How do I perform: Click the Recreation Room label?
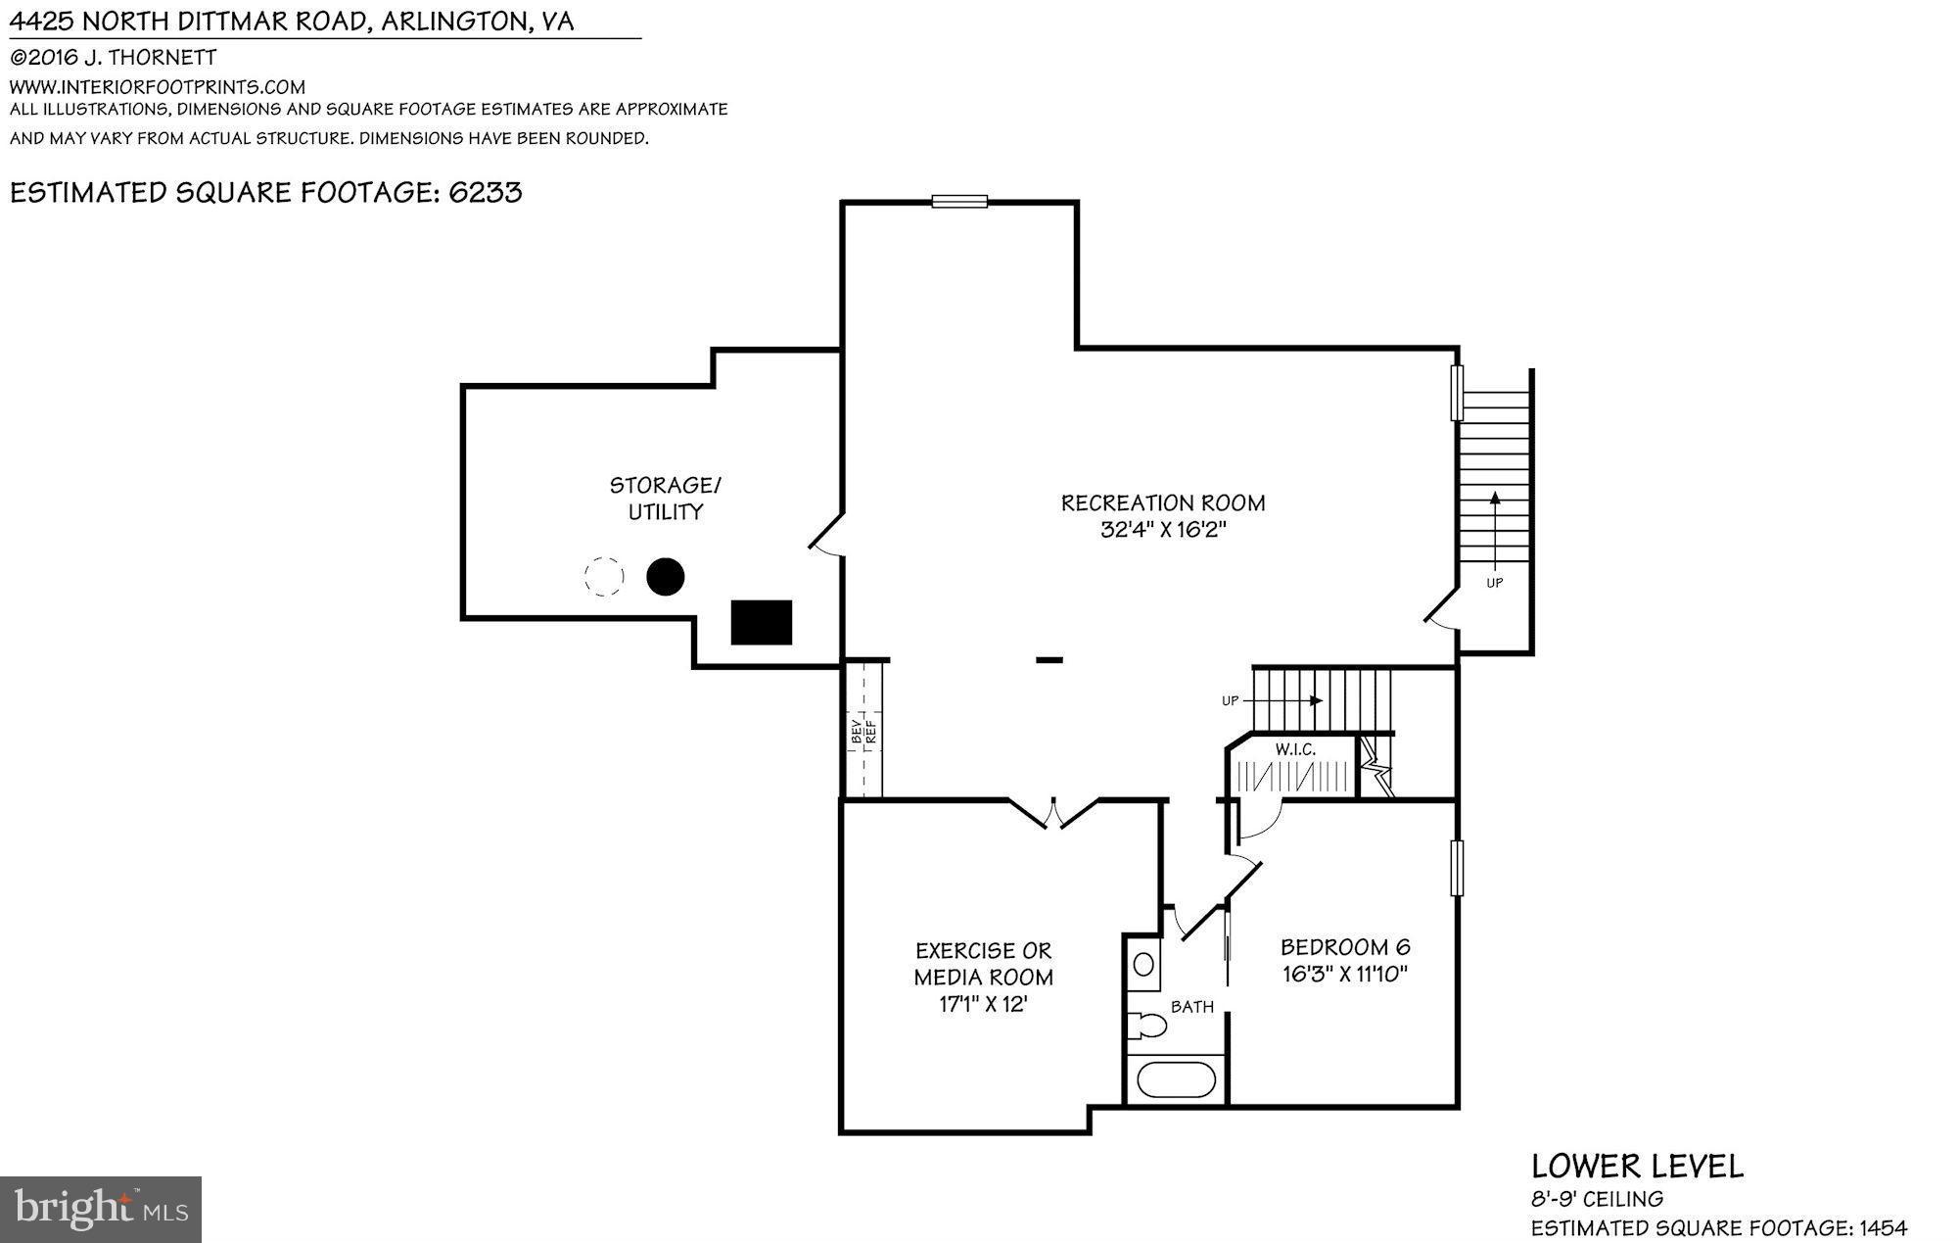point(1162,502)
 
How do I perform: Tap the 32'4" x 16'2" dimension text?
point(1162,530)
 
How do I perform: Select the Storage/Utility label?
point(665,498)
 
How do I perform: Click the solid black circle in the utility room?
point(665,577)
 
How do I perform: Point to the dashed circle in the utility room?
point(603,577)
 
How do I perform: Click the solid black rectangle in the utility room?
point(761,622)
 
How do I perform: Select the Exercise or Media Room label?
point(983,964)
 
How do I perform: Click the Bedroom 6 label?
point(1345,947)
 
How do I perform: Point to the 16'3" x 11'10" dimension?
point(1345,974)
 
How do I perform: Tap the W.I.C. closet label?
point(1294,749)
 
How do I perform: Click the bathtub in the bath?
point(1176,1080)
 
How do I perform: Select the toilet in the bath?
point(1147,1026)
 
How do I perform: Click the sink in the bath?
point(1143,964)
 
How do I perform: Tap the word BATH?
point(1191,1006)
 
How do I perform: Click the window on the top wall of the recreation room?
point(958,202)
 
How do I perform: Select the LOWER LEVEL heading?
point(1637,1166)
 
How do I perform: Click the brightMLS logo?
point(101,1209)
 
